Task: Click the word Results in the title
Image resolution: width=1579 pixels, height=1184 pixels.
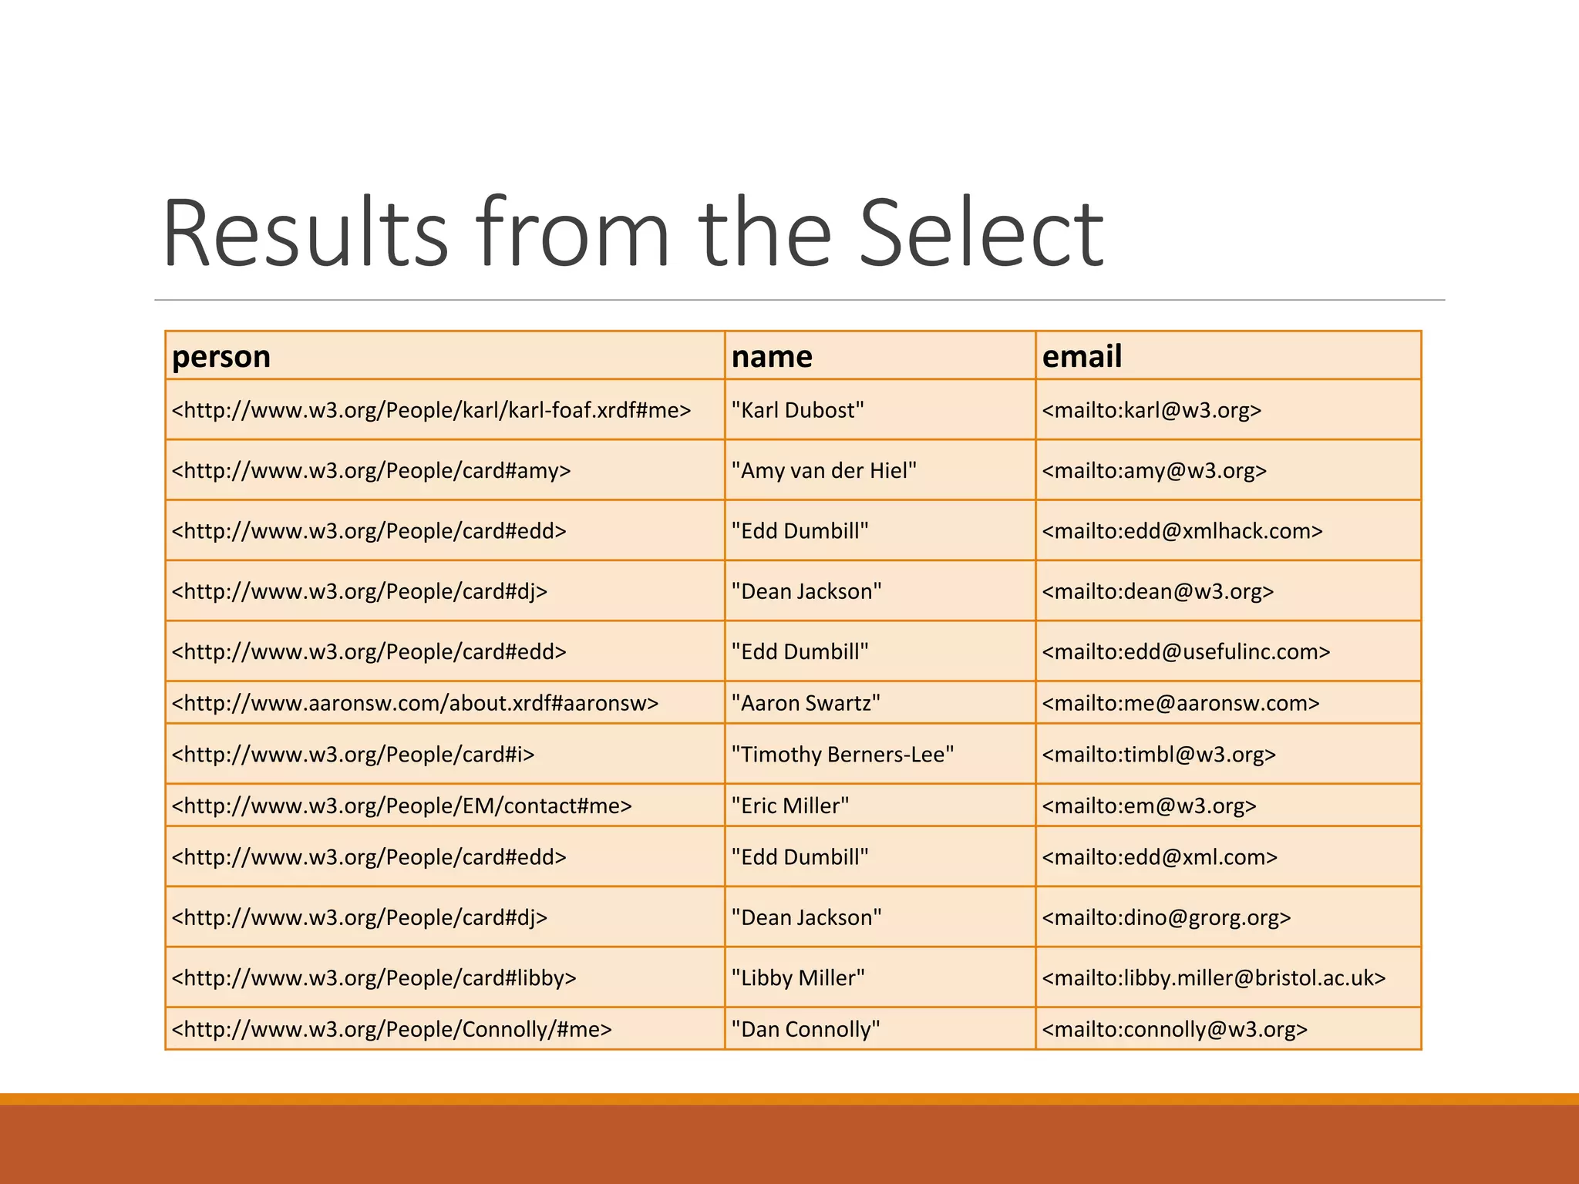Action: pyautogui.click(x=305, y=234)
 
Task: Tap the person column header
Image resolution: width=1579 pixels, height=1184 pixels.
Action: pyautogui.click(x=221, y=357)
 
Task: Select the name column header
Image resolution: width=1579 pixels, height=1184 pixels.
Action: pyautogui.click(x=772, y=357)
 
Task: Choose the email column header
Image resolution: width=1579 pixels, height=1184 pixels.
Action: pyautogui.click(x=1082, y=357)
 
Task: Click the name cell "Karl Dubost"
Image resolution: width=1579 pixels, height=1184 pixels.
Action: pyautogui.click(x=797, y=410)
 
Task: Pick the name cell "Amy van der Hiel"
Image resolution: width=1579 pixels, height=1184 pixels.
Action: pyautogui.click(x=823, y=470)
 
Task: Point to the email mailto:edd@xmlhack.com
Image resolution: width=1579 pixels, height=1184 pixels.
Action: pyautogui.click(x=1182, y=531)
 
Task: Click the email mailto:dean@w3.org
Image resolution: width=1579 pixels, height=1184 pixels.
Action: pyautogui.click(x=1157, y=591)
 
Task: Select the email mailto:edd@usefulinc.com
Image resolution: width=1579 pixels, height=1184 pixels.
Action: pyautogui.click(x=1186, y=652)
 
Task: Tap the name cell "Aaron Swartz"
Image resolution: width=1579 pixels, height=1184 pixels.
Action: pyautogui.click(x=806, y=703)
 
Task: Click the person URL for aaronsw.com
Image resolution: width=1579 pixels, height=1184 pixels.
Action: pyautogui.click(x=415, y=703)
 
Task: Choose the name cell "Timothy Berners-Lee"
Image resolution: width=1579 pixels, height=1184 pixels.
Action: pyautogui.click(x=842, y=755)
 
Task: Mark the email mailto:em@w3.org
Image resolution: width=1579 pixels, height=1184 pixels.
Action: pyautogui.click(x=1149, y=806)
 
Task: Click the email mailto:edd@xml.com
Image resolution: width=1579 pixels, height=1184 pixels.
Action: pyautogui.click(x=1160, y=857)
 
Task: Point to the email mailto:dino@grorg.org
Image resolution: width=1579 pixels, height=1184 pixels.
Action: pyautogui.click(x=1166, y=918)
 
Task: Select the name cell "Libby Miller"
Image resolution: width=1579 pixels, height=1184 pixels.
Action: pyautogui.click(x=798, y=978)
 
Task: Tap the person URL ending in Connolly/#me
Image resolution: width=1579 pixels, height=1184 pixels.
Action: pyautogui.click(x=392, y=1030)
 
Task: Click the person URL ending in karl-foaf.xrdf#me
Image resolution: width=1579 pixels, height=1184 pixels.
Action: pyautogui.click(x=431, y=410)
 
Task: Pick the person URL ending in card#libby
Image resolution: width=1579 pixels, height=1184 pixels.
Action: pyautogui.click(x=374, y=978)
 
